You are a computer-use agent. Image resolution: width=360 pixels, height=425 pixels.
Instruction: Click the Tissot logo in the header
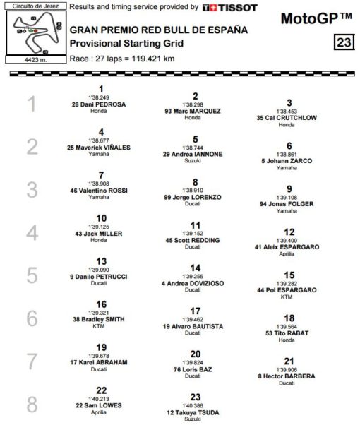229,8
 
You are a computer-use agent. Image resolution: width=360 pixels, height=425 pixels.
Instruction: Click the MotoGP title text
316,17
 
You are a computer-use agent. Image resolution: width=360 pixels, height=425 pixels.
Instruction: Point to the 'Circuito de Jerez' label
34,6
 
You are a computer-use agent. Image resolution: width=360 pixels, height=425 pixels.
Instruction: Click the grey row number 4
31,232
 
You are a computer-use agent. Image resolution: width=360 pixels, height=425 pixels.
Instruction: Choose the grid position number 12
289,232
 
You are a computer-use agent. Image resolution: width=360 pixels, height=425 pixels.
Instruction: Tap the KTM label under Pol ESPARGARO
287,297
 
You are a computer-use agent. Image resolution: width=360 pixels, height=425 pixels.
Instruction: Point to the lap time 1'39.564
287,327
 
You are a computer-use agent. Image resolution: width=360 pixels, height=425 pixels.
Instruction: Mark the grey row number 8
31,405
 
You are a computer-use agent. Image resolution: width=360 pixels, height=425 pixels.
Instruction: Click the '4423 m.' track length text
33,60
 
